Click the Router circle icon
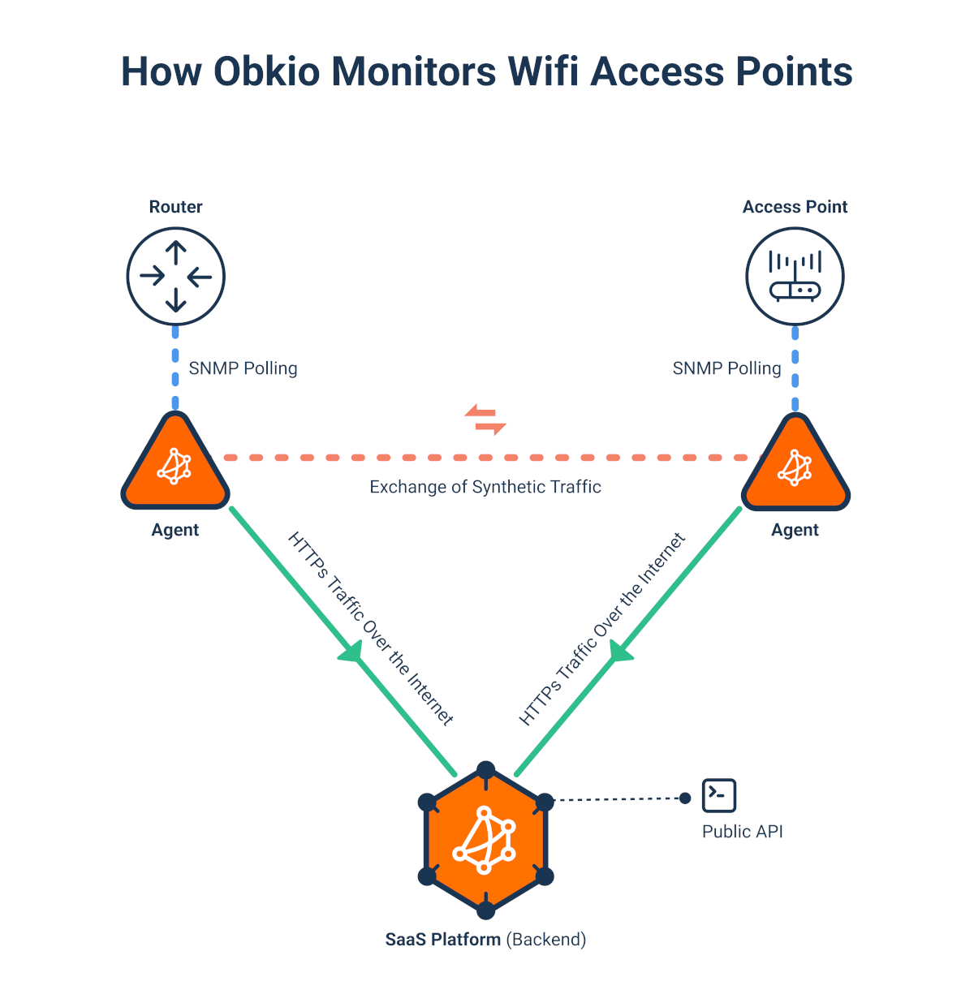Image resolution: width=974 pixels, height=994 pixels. click(x=175, y=277)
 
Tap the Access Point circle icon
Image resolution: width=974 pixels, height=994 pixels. click(x=795, y=277)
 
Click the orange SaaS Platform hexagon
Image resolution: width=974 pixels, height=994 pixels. click(x=485, y=839)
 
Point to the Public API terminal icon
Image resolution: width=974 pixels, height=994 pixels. click(x=719, y=795)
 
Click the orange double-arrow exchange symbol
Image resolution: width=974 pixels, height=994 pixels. click(x=485, y=420)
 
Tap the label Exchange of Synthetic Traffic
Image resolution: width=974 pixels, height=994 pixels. click(x=485, y=487)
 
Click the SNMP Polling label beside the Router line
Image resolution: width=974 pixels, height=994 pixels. click(x=243, y=368)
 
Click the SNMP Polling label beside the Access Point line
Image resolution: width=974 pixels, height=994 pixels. click(x=726, y=368)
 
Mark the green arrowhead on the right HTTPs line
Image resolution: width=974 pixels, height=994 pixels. click(x=621, y=650)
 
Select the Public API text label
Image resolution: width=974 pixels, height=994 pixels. click(x=742, y=832)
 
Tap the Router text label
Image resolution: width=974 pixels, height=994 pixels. click(x=175, y=207)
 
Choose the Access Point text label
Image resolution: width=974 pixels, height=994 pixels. click(x=795, y=207)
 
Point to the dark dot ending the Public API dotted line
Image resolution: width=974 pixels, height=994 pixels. click(x=685, y=798)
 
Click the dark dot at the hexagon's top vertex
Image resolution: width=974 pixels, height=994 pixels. click(x=485, y=770)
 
